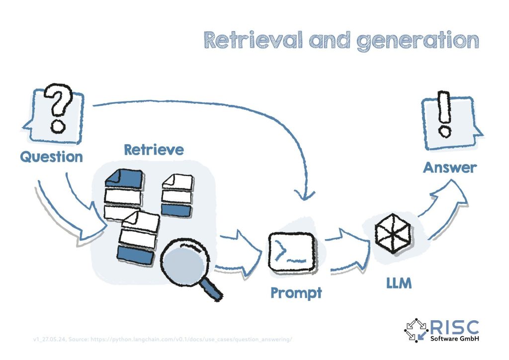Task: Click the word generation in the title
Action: [x=418, y=41]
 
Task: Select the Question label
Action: [x=51, y=157]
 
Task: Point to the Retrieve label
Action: [x=154, y=149]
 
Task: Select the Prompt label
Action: [x=296, y=293]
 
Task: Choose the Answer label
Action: [x=449, y=168]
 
